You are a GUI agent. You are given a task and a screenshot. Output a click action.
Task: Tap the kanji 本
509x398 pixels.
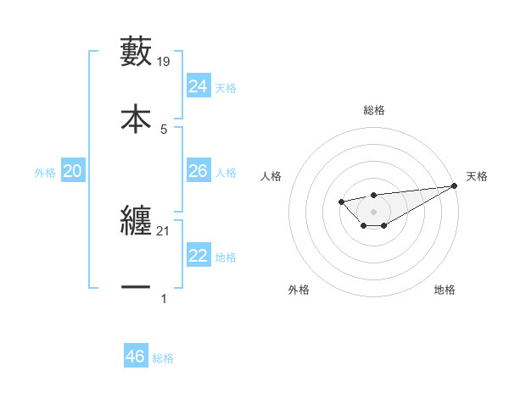point(136,118)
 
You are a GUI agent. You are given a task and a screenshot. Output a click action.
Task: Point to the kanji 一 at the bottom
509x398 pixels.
point(136,288)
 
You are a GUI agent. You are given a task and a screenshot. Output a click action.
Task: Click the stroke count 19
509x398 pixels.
point(165,61)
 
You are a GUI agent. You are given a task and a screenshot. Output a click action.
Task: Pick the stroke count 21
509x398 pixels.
point(165,230)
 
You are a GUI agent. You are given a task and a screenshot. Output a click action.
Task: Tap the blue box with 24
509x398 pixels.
point(199,86)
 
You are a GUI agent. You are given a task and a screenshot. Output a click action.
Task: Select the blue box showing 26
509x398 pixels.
point(199,171)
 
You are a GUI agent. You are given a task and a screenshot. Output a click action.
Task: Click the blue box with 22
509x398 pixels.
point(199,256)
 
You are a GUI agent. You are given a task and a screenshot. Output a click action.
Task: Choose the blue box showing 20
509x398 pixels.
point(73,171)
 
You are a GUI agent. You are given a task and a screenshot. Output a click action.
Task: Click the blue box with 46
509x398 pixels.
point(136,357)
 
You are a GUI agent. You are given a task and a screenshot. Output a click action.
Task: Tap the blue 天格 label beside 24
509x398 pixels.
point(226,88)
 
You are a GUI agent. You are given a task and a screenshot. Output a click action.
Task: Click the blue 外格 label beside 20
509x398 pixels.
point(45,173)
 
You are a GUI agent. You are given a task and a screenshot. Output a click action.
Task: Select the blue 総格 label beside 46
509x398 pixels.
point(163,358)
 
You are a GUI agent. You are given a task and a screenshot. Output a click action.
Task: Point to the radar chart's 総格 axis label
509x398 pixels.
point(373,110)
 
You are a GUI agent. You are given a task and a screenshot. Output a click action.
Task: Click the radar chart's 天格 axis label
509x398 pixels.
point(477,176)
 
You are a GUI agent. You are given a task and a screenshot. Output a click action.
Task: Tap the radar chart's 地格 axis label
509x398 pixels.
point(445,290)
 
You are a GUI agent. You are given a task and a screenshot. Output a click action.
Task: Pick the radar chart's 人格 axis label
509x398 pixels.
point(271,176)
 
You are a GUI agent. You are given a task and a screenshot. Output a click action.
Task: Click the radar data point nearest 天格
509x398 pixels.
point(454,185)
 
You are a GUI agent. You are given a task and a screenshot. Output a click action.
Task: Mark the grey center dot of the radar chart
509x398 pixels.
point(373,211)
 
